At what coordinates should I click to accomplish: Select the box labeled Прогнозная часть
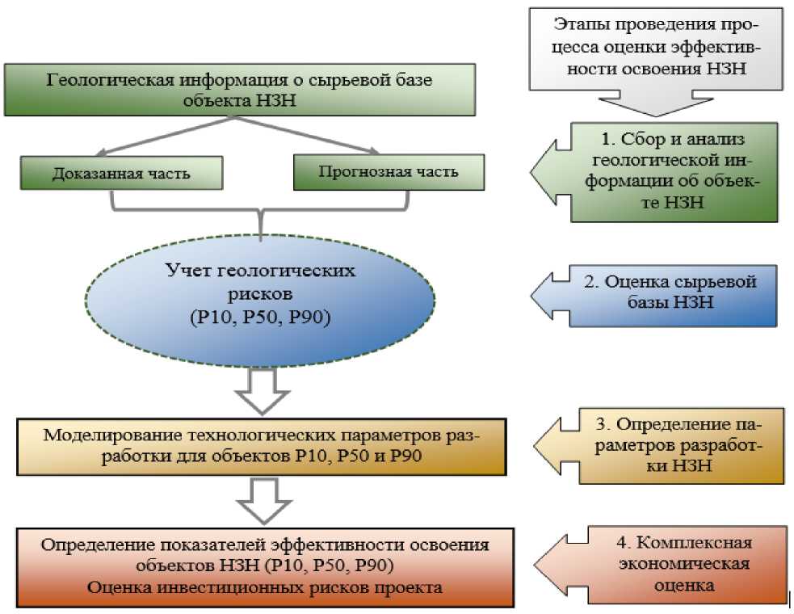389,172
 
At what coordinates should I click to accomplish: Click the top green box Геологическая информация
239,90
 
